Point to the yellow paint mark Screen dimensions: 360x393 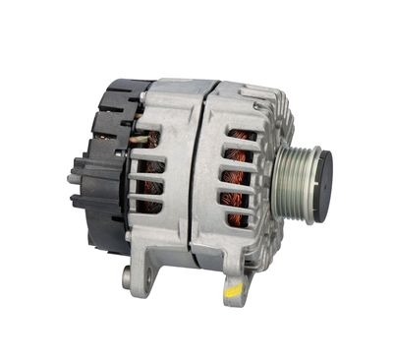click(x=233, y=291)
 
